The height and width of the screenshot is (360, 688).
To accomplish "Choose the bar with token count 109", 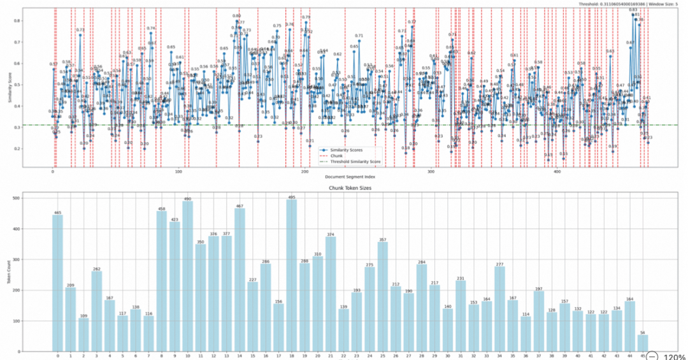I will coord(83,334).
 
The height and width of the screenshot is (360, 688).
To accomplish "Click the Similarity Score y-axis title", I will coord(8,85).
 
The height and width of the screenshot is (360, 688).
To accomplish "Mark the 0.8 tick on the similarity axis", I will coord(17,21).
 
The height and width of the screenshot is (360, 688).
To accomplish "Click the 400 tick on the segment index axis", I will coord(557,172).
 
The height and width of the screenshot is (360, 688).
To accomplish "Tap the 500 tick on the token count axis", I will coord(16,198).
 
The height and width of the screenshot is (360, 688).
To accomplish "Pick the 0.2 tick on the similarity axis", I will coord(17,148).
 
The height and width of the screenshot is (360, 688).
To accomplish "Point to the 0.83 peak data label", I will coord(633,10).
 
